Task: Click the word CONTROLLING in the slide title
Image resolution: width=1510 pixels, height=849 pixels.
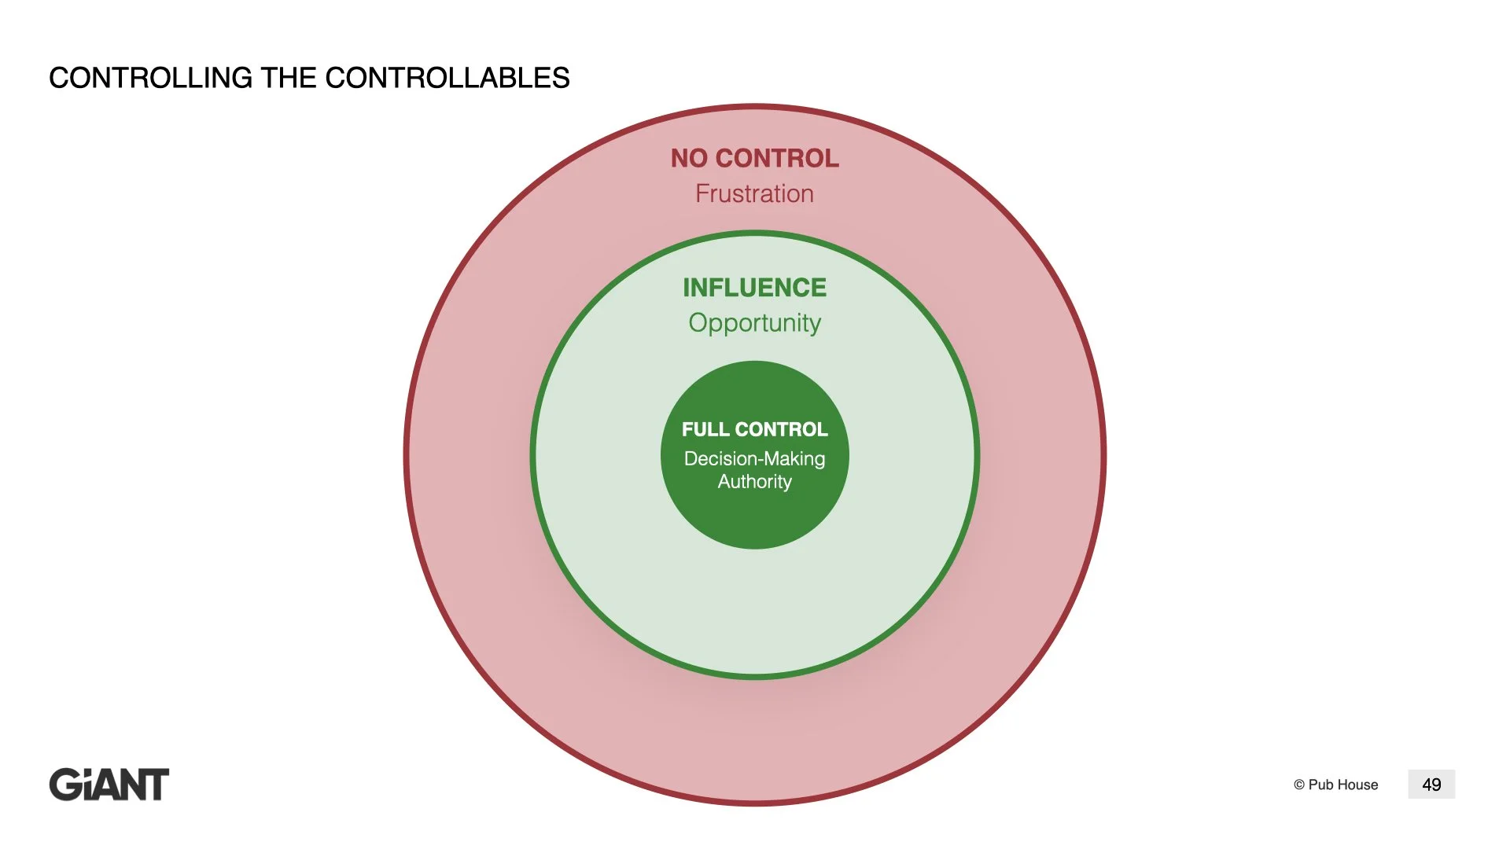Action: tap(150, 78)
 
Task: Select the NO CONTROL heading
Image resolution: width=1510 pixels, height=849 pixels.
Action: tap(754, 158)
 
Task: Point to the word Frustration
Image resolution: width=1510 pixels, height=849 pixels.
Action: tap(754, 193)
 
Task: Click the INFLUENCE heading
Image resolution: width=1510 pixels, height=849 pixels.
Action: tap(754, 288)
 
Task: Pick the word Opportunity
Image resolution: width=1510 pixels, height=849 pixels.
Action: tap(754, 323)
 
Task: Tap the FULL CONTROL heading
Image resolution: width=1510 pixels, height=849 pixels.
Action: tap(754, 429)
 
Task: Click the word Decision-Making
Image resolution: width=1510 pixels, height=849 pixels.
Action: tap(754, 458)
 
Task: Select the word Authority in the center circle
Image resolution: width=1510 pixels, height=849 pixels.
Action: tap(754, 481)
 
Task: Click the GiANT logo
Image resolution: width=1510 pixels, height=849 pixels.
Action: tap(109, 785)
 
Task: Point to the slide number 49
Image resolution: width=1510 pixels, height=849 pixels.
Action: tap(1431, 785)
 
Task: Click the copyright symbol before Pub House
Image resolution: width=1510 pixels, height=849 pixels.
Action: tap(1299, 785)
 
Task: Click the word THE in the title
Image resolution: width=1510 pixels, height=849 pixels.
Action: tap(288, 78)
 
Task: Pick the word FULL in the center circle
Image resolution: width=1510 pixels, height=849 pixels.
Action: tap(705, 429)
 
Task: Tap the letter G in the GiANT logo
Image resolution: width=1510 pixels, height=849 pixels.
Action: tap(65, 785)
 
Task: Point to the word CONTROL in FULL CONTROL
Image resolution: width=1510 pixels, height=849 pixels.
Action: tap(781, 429)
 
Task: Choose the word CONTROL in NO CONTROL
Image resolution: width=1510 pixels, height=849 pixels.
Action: tap(777, 158)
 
